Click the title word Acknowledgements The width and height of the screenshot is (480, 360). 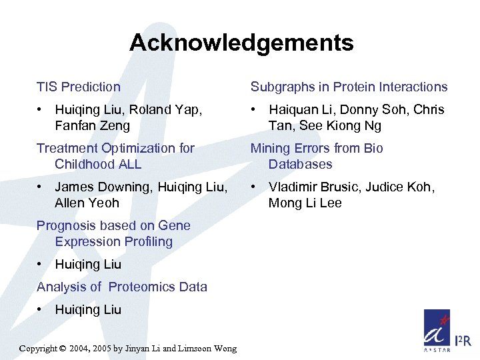click(241, 43)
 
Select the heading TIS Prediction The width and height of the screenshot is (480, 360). click(79, 87)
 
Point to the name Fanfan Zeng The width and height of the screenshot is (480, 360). click(93, 125)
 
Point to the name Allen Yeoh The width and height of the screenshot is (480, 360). click(87, 203)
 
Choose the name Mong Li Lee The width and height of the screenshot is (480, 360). click(305, 203)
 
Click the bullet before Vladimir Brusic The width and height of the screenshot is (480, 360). click(254, 187)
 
